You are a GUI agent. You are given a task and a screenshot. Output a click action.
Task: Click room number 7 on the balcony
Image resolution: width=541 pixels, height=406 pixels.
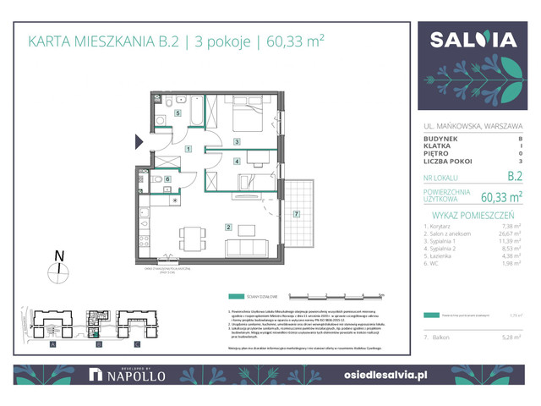click(296, 214)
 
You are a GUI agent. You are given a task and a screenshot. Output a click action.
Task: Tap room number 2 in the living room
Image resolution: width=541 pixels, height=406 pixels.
click(228, 227)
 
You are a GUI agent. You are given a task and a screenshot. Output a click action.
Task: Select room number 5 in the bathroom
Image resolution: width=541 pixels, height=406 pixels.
click(178, 112)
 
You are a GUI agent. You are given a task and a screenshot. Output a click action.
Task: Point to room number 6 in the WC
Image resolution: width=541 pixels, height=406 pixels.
click(167, 179)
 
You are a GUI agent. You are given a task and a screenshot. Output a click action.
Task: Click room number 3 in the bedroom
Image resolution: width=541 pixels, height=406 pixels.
click(238, 141)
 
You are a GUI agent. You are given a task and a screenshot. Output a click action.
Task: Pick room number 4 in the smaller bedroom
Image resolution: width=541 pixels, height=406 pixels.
click(238, 162)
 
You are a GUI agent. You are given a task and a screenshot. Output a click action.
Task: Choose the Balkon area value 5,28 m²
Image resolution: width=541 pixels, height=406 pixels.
click(511, 337)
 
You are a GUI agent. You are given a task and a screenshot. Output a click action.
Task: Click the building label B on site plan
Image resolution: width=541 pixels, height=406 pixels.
click(98, 345)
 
